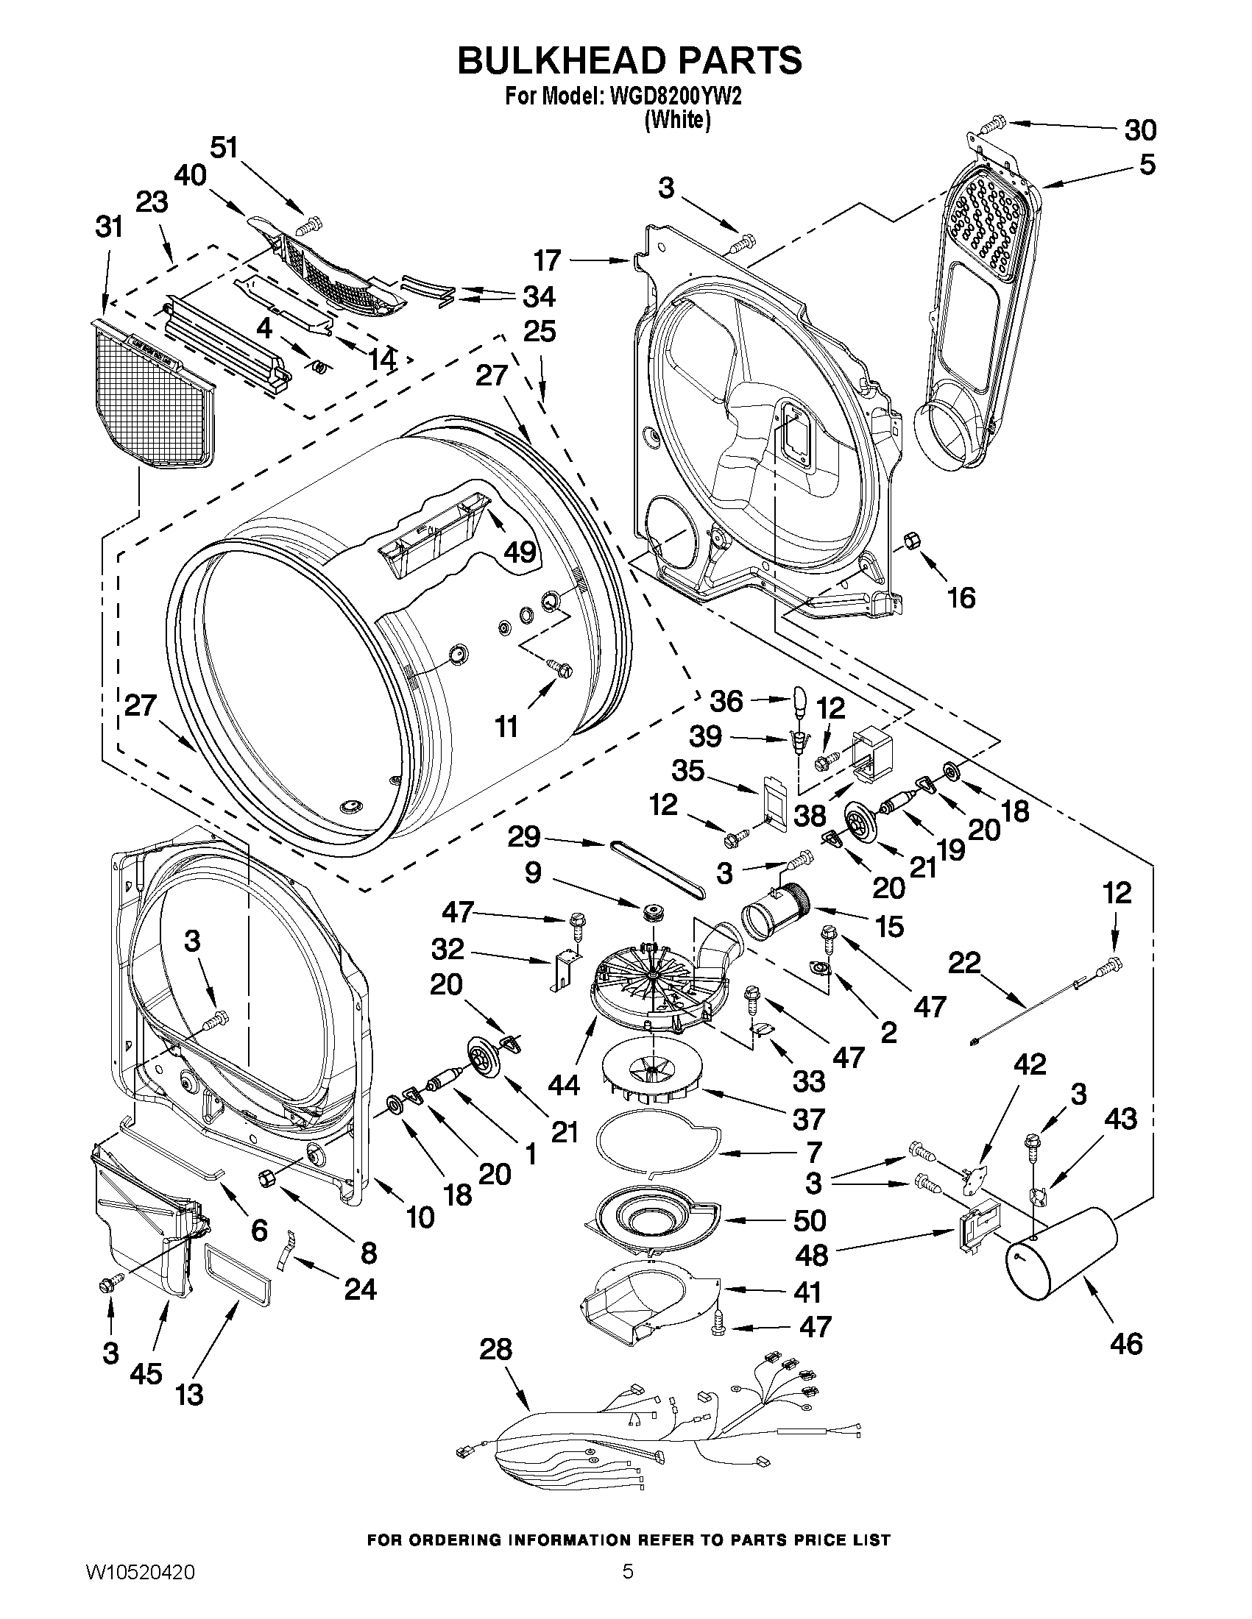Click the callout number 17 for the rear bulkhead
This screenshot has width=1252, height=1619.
[548, 260]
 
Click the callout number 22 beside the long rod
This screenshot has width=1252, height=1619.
[965, 964]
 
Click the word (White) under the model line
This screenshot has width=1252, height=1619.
[677, 119]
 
